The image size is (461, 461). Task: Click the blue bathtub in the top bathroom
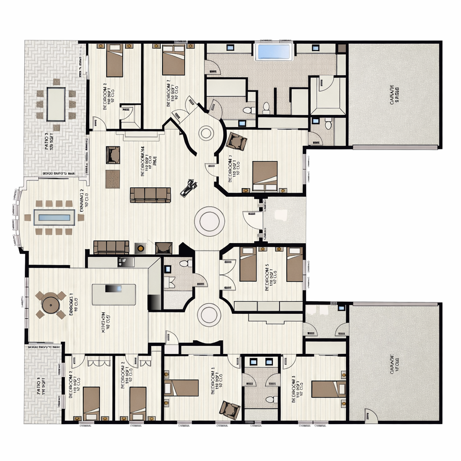[x=274, y=52]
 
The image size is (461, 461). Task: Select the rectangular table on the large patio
[x=56, y=104]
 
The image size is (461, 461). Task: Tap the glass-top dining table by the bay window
[x=54, y=217]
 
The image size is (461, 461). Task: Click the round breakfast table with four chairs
[x=50, y=304]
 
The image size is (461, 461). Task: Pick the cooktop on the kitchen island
[x=113, y=289]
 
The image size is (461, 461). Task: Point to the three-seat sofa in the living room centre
[x=150, y=195]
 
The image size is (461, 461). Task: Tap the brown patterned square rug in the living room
[x=113, y=179]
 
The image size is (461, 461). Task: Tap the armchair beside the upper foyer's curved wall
[x=236, y=141]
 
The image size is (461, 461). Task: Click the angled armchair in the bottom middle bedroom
[x=230, y=410]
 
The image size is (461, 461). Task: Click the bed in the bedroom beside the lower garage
[x=328, y=389]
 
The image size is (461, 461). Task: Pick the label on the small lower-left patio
[x=41, y=386]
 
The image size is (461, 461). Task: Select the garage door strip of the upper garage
[x=395, y=147]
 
